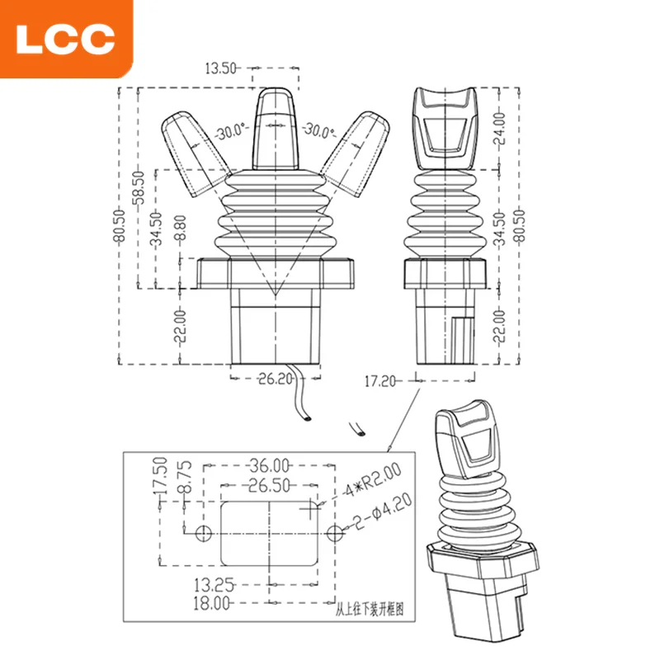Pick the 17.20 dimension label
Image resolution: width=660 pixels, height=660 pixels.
pyautogui.click(x=379, y=381)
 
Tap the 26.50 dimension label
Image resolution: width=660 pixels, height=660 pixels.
pyautogui.click(x=270, y=485)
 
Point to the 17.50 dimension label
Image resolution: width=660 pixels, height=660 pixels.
pyautogui.click(x=161, y=477)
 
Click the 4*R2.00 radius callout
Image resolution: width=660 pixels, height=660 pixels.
pyautogui.click(x=373, y=481)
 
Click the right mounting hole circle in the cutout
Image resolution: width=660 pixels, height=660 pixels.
pyautogui.click(x=335, y=534)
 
